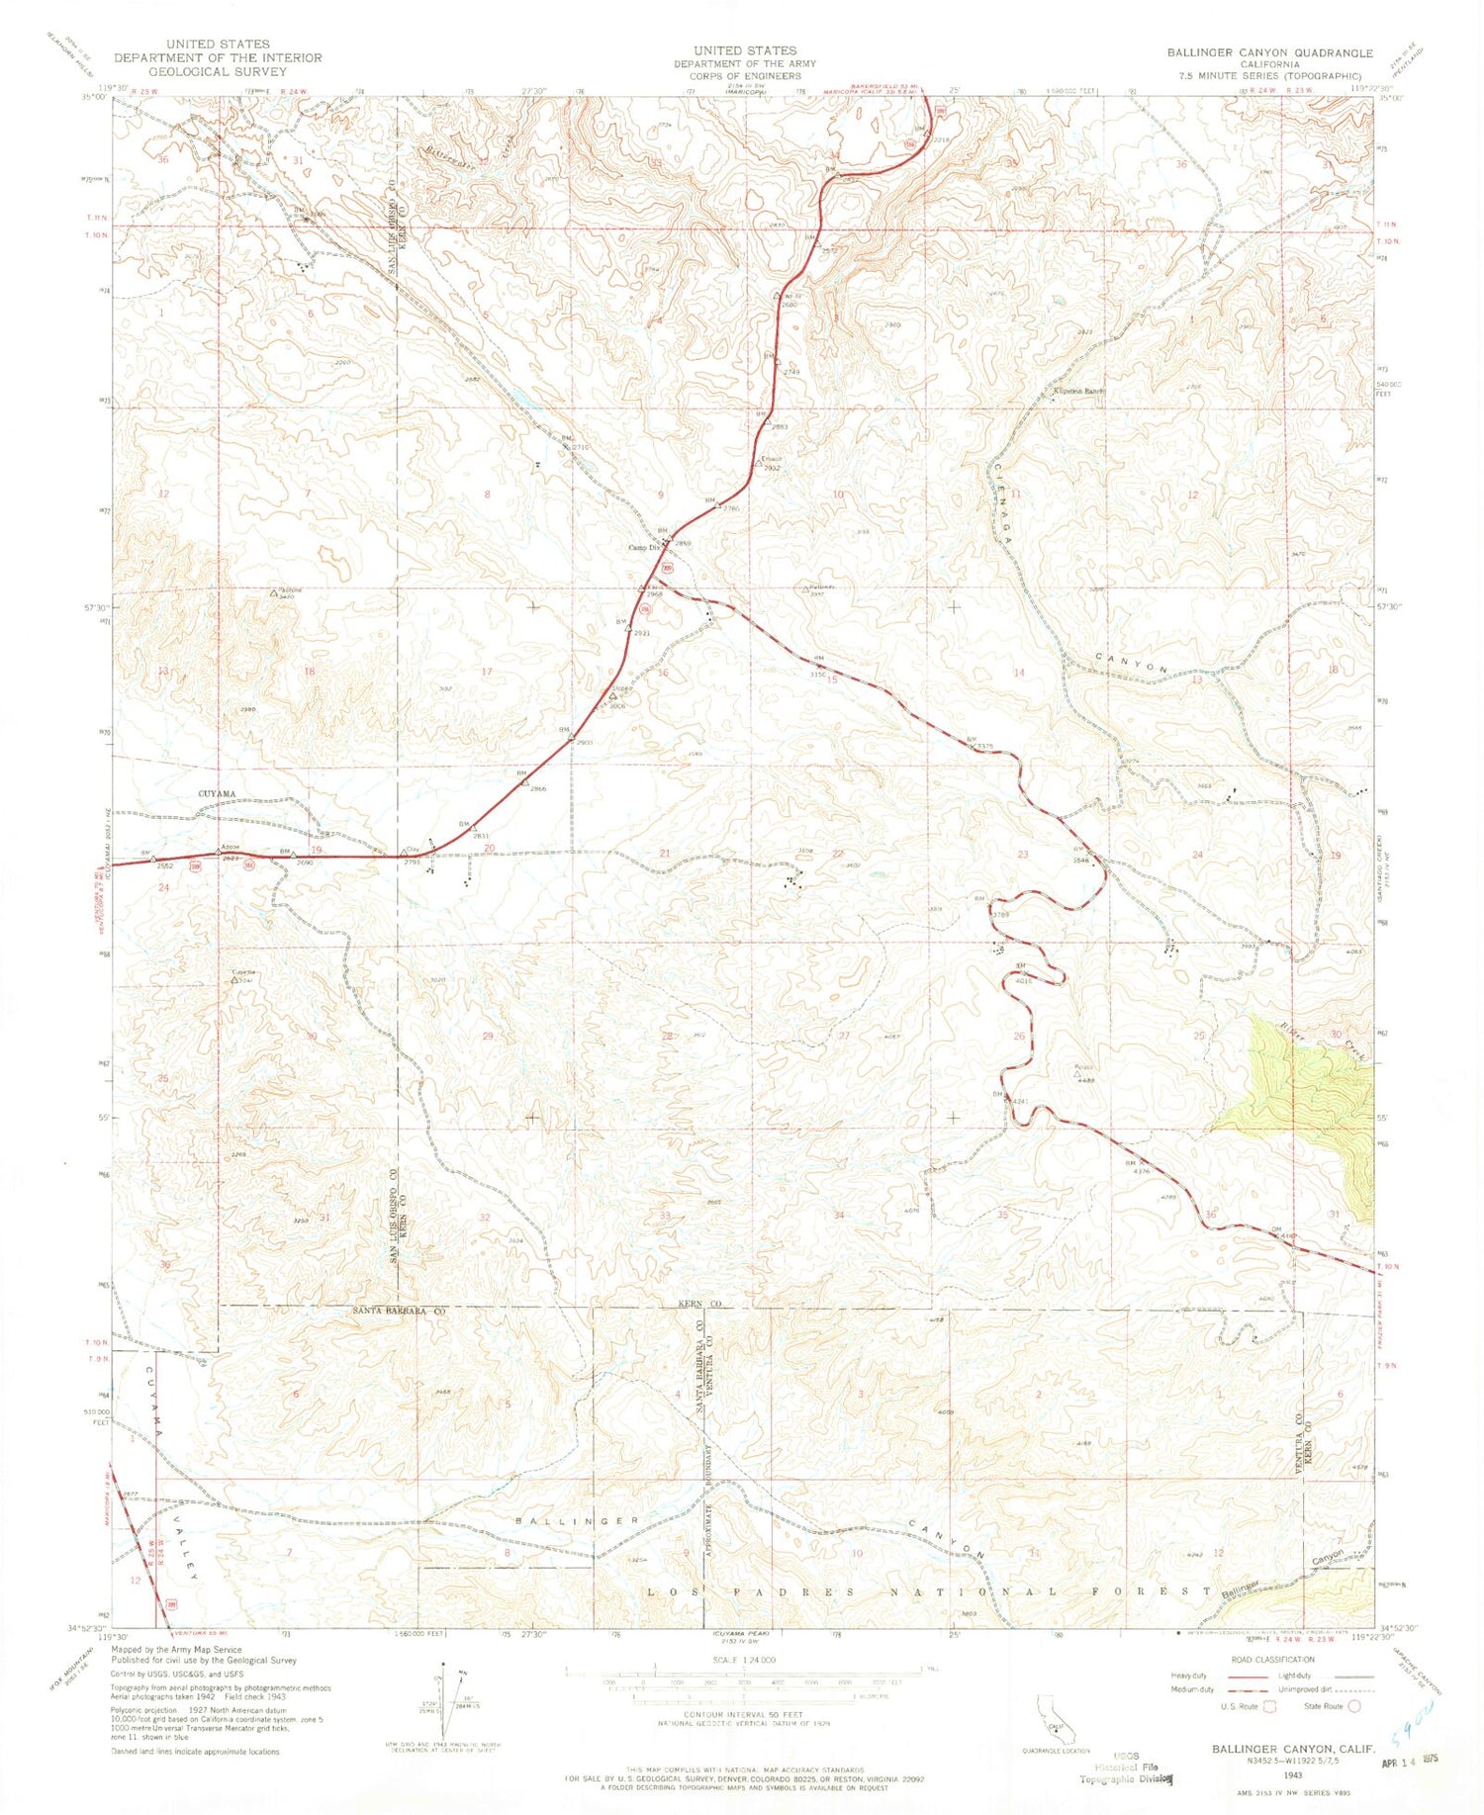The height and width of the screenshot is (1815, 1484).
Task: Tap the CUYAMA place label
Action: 218,794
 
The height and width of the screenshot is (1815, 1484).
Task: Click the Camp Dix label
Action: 644,548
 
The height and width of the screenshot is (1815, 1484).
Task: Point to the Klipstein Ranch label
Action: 1076,391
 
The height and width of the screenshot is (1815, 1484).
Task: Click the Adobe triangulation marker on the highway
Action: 220,853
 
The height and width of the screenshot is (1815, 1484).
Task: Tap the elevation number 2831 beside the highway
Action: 482,836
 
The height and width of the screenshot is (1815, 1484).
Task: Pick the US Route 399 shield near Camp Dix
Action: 669,568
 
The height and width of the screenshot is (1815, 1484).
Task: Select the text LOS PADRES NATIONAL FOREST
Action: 928,1592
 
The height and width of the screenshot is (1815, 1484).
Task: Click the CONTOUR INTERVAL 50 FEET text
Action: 744,1714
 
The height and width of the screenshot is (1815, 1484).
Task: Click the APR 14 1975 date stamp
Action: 1408,1760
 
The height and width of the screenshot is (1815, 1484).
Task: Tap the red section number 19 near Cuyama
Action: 317,850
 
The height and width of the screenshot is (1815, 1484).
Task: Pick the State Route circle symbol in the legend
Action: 1355,1706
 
